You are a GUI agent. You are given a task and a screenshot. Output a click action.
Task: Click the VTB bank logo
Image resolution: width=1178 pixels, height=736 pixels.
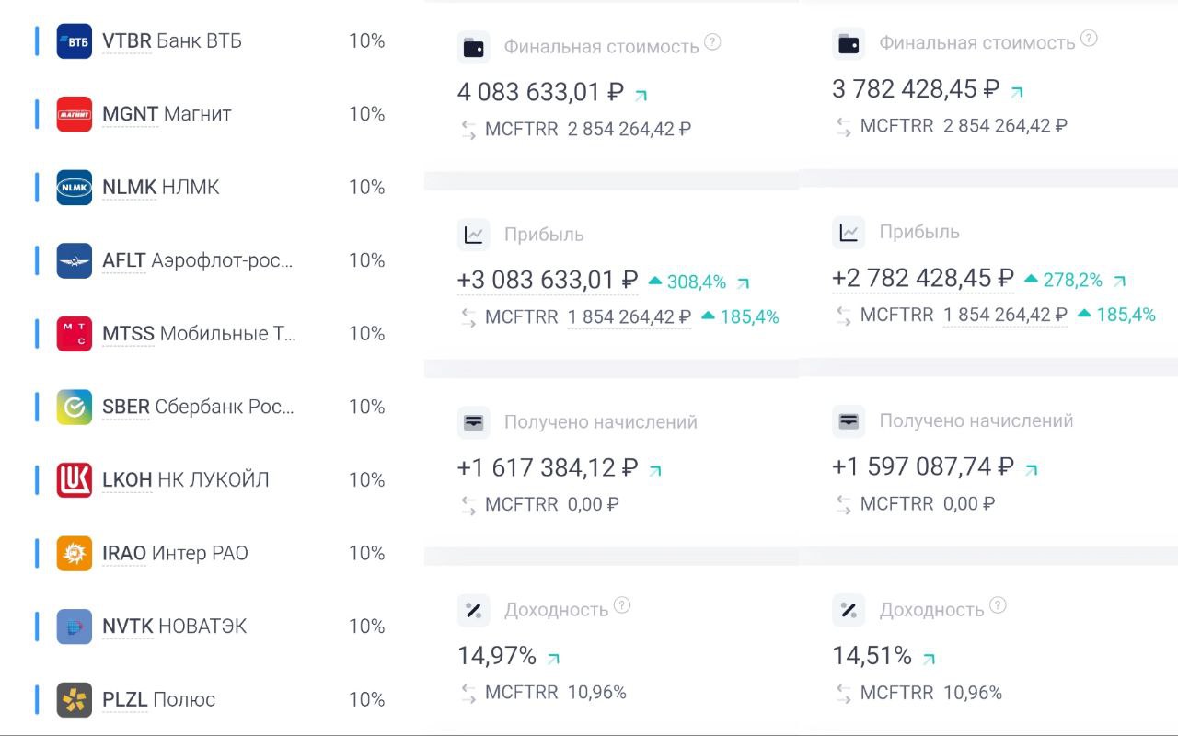(x=75, y=41)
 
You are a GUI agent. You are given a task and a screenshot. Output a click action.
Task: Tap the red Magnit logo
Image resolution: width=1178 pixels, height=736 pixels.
(x=75, y=114)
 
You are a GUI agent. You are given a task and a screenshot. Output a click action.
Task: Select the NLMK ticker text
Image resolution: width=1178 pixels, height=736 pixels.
(x=129, y=188)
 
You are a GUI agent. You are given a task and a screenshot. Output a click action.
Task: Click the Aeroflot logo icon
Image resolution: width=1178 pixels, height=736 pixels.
(x=75, y=260)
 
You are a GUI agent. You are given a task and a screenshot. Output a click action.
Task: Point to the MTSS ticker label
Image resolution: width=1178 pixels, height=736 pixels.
(x=128, y=334)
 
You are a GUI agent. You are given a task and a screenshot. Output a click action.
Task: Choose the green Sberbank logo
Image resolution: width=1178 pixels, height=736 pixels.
(x=75, y=407)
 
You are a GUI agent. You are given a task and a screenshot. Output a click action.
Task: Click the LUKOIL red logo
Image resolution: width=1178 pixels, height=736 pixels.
(x=75, y=480)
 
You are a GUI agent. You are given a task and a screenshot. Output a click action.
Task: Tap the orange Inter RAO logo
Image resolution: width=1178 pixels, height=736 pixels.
(x=75, y=553)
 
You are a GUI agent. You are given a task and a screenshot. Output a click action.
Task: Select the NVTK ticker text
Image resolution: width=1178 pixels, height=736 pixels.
(x=127, y=627)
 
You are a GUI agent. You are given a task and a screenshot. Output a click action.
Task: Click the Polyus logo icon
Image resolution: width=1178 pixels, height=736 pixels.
(x=75, y=699)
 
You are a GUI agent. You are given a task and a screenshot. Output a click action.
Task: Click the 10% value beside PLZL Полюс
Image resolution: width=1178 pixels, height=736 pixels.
(x=366, y=699)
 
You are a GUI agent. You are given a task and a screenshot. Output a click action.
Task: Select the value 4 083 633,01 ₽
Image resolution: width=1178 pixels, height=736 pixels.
(x=540, y=93)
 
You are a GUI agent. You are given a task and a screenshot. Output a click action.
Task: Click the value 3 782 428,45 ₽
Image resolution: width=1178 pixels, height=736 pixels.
(x=915, y=89)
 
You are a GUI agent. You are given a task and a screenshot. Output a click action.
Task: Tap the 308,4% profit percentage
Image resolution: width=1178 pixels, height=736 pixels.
(x=696, y=282)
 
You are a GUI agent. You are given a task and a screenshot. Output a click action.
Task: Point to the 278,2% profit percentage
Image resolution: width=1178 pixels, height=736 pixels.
(x=1072, y=280)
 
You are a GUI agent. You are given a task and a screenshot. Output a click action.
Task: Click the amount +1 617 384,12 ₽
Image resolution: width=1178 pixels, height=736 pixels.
(x=547, y=468)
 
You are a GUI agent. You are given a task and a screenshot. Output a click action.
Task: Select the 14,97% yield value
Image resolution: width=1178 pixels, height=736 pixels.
(x=497, y=656)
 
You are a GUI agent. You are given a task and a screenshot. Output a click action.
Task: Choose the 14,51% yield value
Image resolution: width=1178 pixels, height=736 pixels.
(x=872, y=656)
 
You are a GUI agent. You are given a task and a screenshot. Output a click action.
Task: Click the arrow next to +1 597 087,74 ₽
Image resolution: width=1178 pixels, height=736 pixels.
(x=1032, y=469)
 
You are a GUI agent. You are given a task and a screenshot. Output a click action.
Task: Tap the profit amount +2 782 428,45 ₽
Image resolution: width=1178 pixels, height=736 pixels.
(x=922, y=279)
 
